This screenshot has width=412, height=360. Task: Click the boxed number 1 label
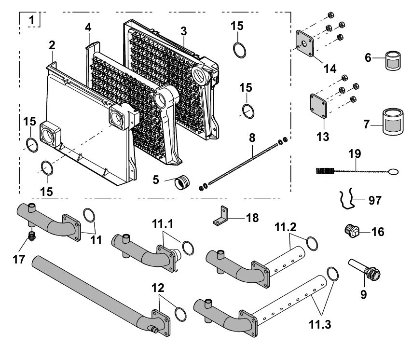pyautogui.click(x=31, y=20)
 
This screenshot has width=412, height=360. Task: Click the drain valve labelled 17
pyautogui.click(x=32, y=236)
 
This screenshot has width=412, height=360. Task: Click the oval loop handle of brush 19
pyautogui.click(x=393, y=171)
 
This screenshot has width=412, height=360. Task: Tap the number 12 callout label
pyautogui.click(x=158, y=288)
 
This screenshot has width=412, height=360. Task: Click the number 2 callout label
pyautogui.click(x=52, y=45)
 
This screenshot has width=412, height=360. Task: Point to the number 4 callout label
pyautogui.click(x=88, y=28)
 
